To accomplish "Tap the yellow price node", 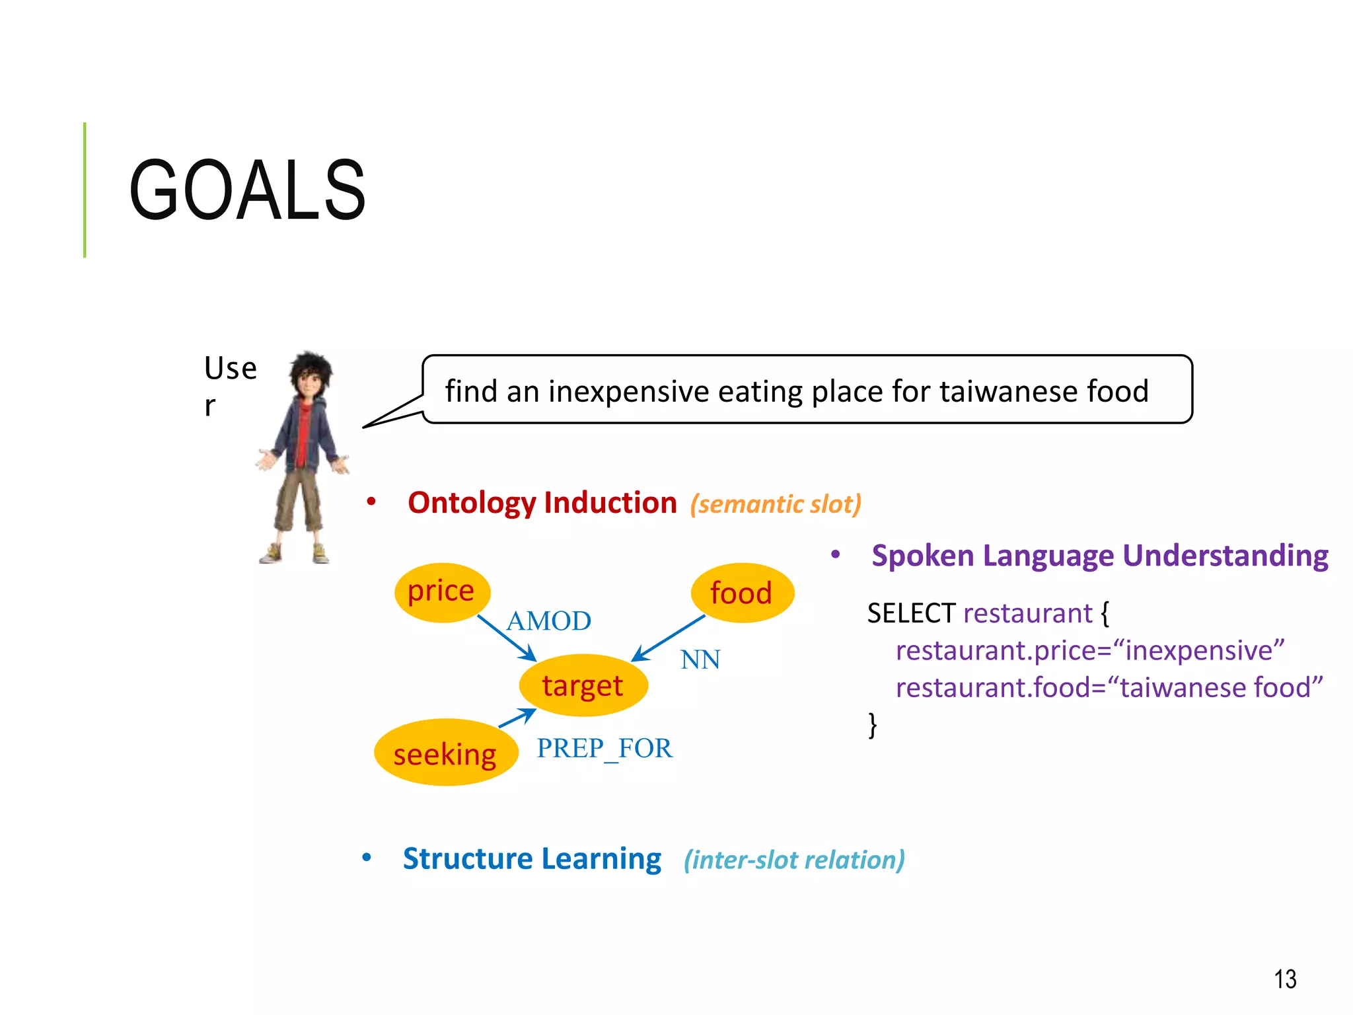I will [x=442, y=591].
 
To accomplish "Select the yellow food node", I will [x=741, y=593].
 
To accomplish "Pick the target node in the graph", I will [x=583, y=685].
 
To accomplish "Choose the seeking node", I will [x=445, y=753].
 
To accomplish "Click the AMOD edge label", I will [x=548, y=621].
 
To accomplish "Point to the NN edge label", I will [x=700, y=659].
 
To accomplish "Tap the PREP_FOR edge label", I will [x=604, y=749].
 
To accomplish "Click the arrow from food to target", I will [x=669, y=638].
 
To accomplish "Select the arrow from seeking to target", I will [x=517, y=718].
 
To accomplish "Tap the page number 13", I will [x=1285, y=979].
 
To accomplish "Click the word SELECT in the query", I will [x=911, y=613].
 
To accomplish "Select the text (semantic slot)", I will [x=776, y=504].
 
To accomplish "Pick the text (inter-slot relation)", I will [x=794, y=860].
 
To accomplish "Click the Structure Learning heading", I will [x=532, y=859].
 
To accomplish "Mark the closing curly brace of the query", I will [x=873, y=724].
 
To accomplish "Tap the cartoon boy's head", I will [x=310, y=375].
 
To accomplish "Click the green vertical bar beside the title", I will [x=85, y=190].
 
